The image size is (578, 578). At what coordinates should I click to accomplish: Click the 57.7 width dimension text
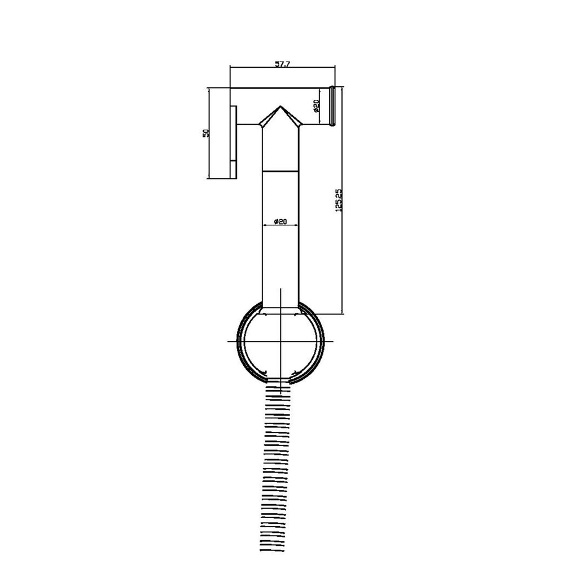click(283, 64)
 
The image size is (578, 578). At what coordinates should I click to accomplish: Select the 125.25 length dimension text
click(339, 200)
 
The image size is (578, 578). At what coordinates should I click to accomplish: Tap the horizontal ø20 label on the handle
click(281, 221)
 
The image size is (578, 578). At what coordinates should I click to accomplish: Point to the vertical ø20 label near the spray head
click(316, 106)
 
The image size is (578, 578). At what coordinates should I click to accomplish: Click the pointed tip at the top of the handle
click(281, 106)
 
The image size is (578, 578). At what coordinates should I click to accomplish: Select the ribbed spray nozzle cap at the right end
click(332, 106)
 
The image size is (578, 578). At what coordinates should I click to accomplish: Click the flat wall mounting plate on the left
click(233, 142)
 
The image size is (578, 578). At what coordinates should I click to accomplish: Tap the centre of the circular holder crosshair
click(281, 341)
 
